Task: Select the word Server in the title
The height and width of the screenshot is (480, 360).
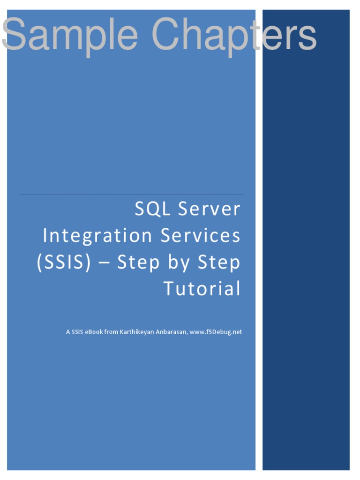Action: coord(210,210)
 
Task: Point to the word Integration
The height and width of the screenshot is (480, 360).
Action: coord(97,236)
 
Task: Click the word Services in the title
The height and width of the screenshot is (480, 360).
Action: coord(201,236)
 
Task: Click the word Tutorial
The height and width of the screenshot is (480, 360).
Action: coord(202,289)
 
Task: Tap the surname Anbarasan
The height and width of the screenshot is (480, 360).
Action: coord(171,332)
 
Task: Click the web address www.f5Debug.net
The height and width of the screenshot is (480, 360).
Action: coord(216,332)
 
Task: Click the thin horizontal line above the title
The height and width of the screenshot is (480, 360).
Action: coord(131,194)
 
